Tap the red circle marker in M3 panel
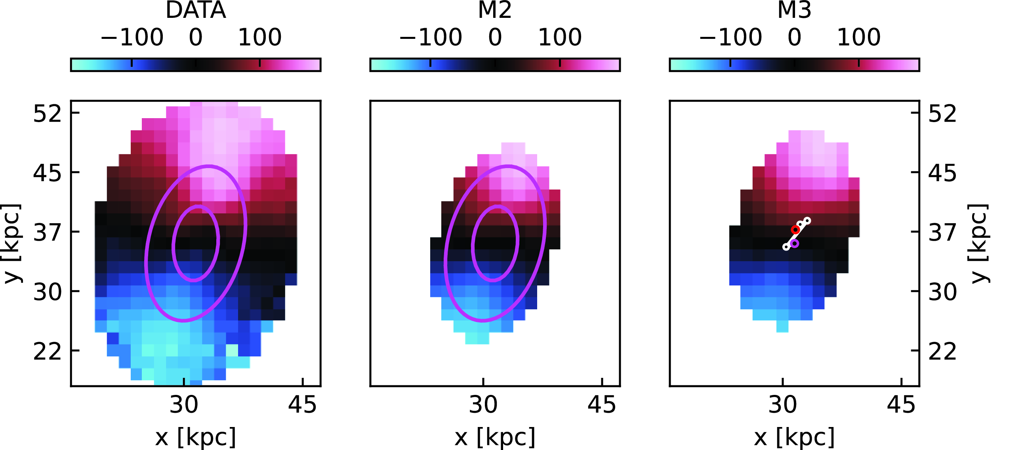pyautogui.click(x=795, y=230)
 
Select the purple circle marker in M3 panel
pyautogui.click(x=794, y=243)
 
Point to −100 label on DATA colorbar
pyautogui.click(x=132, y=37)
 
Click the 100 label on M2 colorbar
pyautogui.click(x=560, y=37)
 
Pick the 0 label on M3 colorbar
pyautogui.click(x=794, y=37)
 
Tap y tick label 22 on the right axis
pyautogui.click(x=942, y=351)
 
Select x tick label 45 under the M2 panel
pyautogui.click(x=601, y=405)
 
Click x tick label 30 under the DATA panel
pyautogui.click(x=184, y=405)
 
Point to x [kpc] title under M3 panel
pyautogui.click(x=794, y=437)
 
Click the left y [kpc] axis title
pyautogui.click(x=12, y=243)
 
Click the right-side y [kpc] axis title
pyautogui.click(x=978, y=243)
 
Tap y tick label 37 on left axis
pyautogui.click(x=47, y=232)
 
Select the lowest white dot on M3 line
pyautogui.click(x=786, y=247)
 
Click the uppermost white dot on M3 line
pyautogui.click(x=807, y=220)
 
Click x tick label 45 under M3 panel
pyautogui.click(x=901, y=405)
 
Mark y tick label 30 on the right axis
pyautogui.click(x=942, y=292)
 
